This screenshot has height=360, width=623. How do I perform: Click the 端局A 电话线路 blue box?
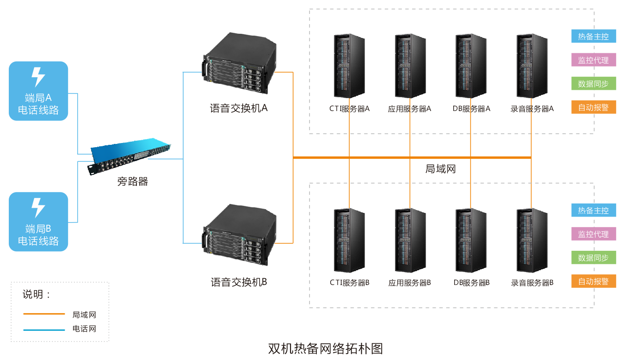[38, 92]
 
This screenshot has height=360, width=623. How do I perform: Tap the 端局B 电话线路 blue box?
[38, 222]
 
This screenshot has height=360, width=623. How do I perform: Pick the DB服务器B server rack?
[471, 240]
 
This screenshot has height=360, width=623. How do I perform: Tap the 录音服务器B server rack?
[532, 240]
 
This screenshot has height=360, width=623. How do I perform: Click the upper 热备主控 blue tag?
[593, 37]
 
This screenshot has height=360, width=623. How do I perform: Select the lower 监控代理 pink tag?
[593, 234]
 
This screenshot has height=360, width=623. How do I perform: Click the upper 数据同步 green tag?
[593, 84]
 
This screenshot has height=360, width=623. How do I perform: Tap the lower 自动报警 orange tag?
[593, 281]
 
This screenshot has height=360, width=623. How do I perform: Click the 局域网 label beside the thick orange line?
[440, 169]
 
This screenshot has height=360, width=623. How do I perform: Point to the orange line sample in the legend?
[44, 314]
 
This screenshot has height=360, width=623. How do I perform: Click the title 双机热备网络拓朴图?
[326, 348]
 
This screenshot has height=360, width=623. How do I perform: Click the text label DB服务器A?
[471, 109]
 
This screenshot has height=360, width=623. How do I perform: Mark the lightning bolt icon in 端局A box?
[38, 77]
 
